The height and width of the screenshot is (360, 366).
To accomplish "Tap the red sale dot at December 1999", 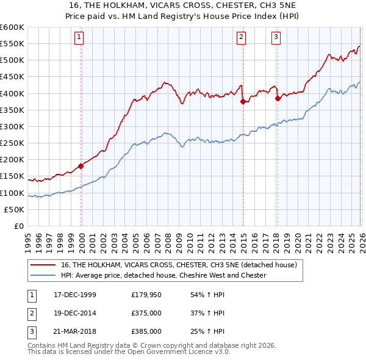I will click(81, 166).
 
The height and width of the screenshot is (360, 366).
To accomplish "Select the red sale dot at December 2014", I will click(243, 102).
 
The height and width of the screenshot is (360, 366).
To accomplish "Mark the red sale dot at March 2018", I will click(278, 98).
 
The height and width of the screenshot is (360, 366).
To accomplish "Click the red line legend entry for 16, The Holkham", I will click(179, 265).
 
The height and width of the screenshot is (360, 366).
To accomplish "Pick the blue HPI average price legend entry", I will click(163, 275).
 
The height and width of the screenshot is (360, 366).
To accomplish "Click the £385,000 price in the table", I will click(146, 331).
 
